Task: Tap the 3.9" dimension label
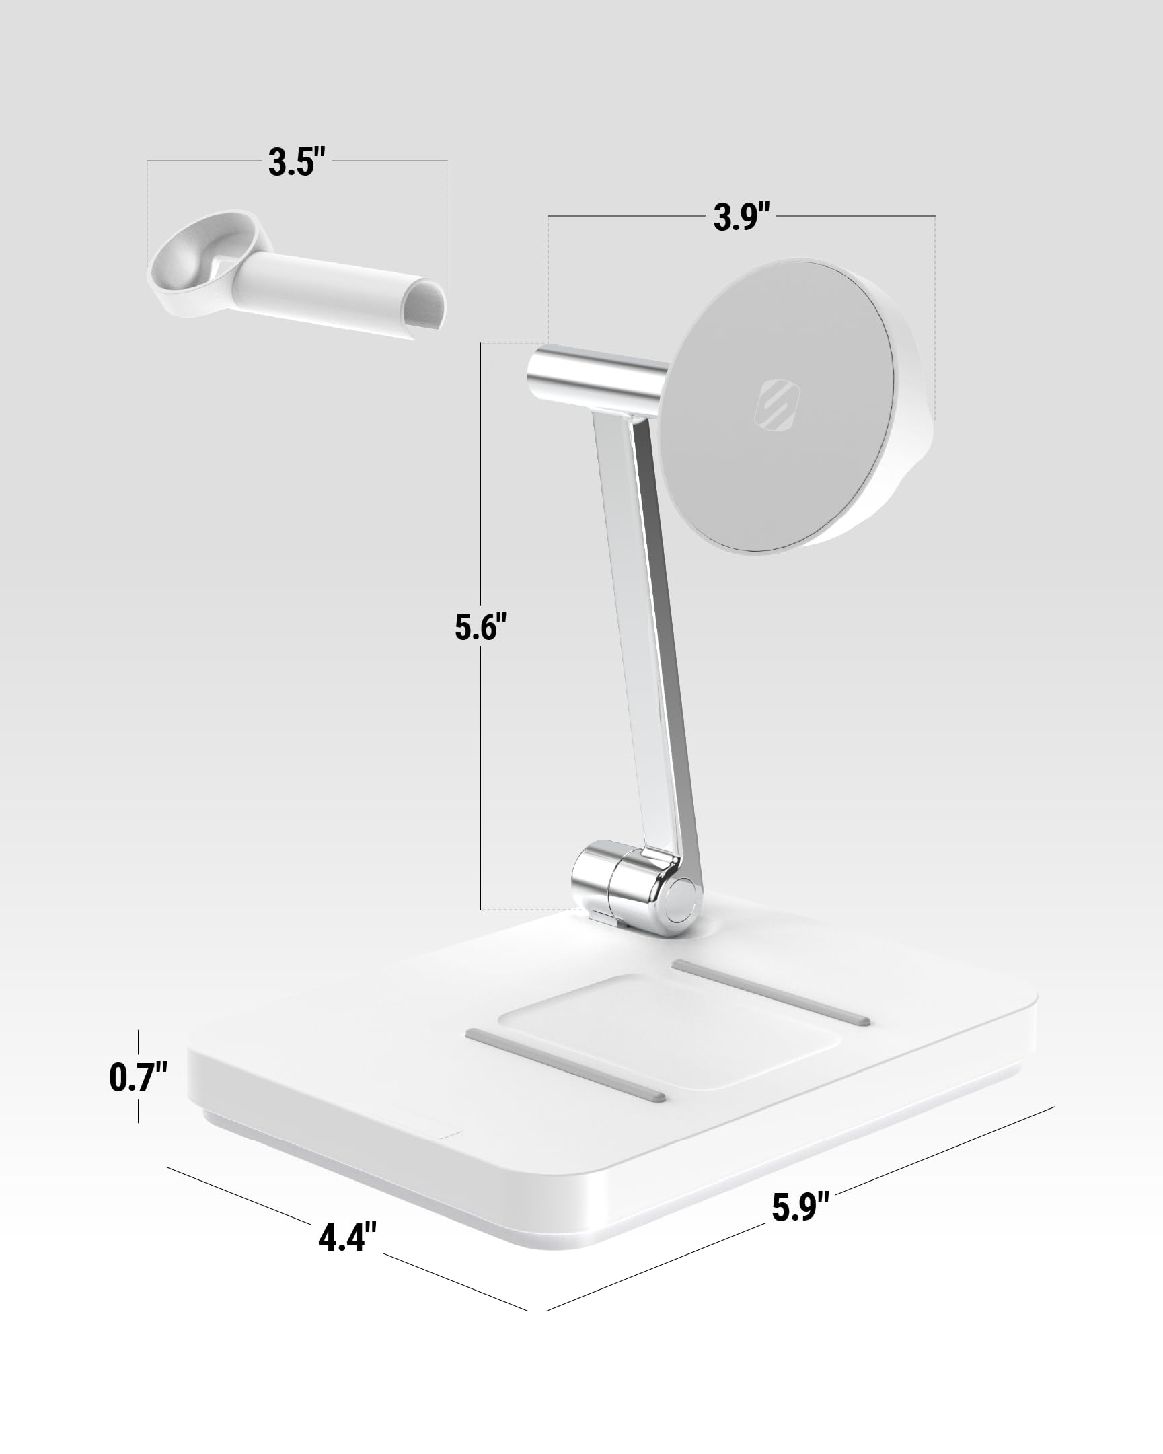pos(742,217)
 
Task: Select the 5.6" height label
pos(480,627)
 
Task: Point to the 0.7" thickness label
pos(137,1077)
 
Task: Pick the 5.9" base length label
pos(800,1207)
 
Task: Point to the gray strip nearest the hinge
pos(771,992)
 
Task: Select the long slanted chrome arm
pos(650,641)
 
